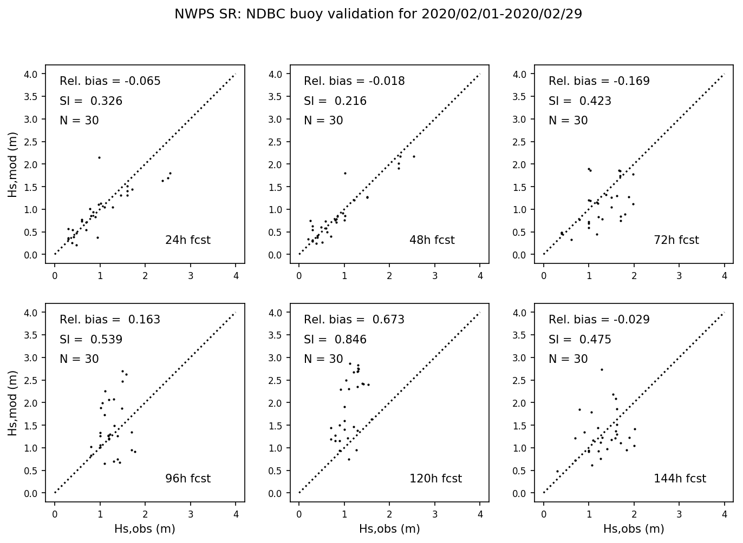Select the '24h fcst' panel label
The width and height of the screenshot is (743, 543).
[187, 240]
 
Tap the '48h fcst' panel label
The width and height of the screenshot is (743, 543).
[432, 240]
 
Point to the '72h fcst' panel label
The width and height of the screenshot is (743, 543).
[676, 240]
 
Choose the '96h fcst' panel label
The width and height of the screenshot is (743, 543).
[187, 479]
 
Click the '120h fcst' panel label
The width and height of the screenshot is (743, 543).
[435, 479]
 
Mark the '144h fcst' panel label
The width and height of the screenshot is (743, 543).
[680, 479]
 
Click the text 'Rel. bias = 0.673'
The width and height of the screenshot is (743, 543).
[354, 320]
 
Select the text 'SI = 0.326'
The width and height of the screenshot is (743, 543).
[91, 101]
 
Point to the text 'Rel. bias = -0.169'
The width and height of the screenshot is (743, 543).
[599, 81]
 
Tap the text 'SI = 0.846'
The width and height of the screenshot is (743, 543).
[335, 340]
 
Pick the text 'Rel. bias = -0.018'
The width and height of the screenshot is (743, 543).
[354, 81]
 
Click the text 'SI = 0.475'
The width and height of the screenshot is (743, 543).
[579, 340]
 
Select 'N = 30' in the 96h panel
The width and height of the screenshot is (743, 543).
[79, 359]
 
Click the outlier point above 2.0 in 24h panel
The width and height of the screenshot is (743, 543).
[99, 157]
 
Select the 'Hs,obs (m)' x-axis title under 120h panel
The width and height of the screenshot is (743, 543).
[389, 529]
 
